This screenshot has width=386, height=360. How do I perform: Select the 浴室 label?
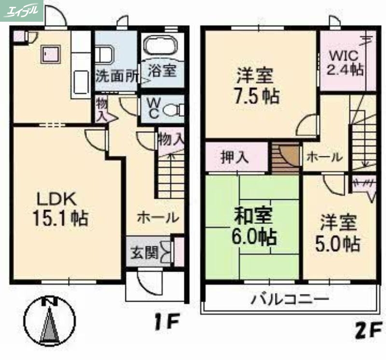click(x=162, y=71)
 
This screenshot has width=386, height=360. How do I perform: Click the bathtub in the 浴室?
click(x=162, y=47)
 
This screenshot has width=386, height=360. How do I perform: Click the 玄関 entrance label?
click(x=144, y=252)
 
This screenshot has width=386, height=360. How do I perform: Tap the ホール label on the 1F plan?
click(x=157, y=218)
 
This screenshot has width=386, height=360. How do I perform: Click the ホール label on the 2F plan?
click(x=324, y=157)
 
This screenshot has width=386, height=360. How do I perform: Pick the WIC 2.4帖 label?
click(x=345, y=62)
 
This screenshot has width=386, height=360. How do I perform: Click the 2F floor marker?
click(x=368, y=331)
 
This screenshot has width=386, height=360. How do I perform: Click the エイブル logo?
click(x=22, y=10)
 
